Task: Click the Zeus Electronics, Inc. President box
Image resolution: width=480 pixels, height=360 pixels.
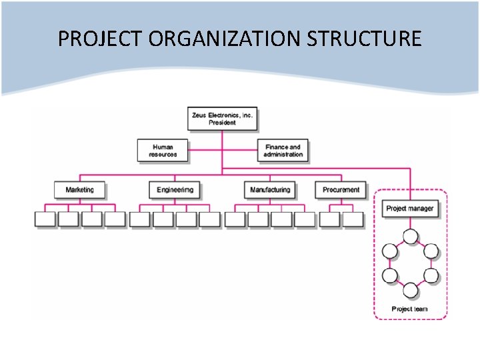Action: point(223,119)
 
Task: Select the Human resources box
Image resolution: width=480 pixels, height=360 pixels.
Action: point(163,151)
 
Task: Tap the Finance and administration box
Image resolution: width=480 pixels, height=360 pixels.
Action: point(283,151)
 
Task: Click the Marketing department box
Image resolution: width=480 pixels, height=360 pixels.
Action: point(80,190)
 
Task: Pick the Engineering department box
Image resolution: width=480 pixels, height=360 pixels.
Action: point(175,190)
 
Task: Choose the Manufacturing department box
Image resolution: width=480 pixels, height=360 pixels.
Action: point(270,190)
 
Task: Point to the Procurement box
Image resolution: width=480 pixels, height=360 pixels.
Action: point(341,190)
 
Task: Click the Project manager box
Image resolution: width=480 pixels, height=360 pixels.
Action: point(410,209)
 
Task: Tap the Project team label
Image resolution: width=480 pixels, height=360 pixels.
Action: point(410,309)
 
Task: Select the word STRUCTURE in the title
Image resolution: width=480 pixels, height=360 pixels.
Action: point(364,39)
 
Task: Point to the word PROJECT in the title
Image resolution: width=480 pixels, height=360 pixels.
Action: point(100,39)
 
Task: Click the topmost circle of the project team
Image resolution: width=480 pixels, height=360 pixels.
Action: point(410,236)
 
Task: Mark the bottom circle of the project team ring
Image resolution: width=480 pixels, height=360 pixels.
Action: point(410,290)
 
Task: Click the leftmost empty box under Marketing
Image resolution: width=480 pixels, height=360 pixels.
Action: point(45,219)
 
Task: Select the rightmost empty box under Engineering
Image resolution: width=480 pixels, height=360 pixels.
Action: point(209,219)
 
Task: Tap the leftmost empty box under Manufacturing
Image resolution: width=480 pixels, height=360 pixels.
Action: point(235,219)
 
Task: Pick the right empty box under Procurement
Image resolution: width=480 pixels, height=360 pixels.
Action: point(353,219)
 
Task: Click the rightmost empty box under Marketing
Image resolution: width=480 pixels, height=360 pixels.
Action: point(115,219)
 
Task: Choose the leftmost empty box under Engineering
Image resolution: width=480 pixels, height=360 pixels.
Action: point(140,219)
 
